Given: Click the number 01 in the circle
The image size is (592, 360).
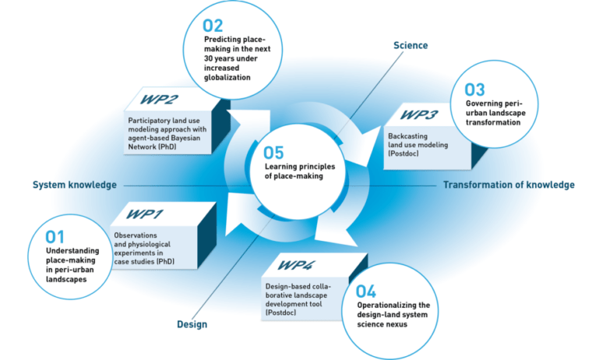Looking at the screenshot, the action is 55,237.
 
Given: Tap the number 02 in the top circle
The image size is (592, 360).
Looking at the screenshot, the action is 213,26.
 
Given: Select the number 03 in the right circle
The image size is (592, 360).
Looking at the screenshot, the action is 474,90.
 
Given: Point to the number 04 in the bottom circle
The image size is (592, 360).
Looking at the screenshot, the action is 366,291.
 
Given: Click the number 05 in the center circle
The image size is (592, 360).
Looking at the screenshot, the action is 273,153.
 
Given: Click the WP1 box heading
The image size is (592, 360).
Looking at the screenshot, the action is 144,214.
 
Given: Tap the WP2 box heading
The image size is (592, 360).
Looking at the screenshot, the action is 159,99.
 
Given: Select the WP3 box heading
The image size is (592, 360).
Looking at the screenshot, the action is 419,115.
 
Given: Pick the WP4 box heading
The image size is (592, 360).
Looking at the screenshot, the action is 296,265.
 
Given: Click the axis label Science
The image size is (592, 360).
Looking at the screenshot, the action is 411,45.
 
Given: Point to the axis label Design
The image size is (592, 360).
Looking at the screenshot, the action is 192,324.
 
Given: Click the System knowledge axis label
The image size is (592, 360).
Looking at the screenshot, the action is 74,185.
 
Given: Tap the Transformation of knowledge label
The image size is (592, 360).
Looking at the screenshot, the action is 509,185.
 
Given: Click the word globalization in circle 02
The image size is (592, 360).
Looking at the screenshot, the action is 227,77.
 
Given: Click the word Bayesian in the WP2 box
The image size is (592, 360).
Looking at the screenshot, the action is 185,138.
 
